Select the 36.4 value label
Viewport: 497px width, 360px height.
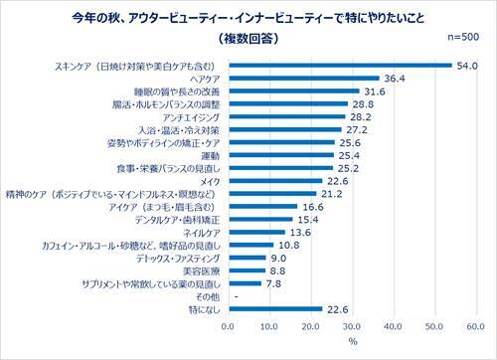tap(397, 79)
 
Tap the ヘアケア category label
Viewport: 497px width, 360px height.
tap(205, 79)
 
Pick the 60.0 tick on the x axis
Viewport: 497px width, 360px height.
tap(475, 325)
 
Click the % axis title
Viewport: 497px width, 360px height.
tap(352, 342)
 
